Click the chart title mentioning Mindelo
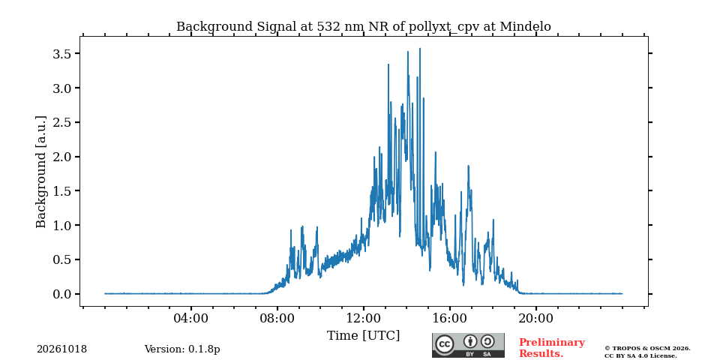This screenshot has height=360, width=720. pos(363,27)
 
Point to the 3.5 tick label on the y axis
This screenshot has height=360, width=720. pos(62,54)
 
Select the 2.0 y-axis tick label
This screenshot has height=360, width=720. pos(62,157)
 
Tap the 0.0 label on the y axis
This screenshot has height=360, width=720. pos(62,294)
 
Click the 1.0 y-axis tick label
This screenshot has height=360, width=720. pos(62,226)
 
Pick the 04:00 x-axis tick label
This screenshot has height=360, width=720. pos(191,318)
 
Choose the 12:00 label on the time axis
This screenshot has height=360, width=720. pos(364,318)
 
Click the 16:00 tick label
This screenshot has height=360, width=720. pos(449,318)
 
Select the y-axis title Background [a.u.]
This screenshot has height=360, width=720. pos(40,172)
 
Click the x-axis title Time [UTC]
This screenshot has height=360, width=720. pos(363,336)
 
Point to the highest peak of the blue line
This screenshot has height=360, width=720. pos(420,48)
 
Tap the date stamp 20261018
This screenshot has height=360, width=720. pos(62,349)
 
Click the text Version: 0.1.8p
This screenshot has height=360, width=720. pos(182,349)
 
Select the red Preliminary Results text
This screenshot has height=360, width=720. pos(552,348)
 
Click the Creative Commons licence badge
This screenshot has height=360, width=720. pos(468,345)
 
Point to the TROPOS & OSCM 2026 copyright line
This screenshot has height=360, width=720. pos(647,349)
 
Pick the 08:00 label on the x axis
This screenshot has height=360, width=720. pos(277,318)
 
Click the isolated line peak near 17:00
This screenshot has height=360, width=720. pos(468,166)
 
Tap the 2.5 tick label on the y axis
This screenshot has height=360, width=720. pos(62,122)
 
